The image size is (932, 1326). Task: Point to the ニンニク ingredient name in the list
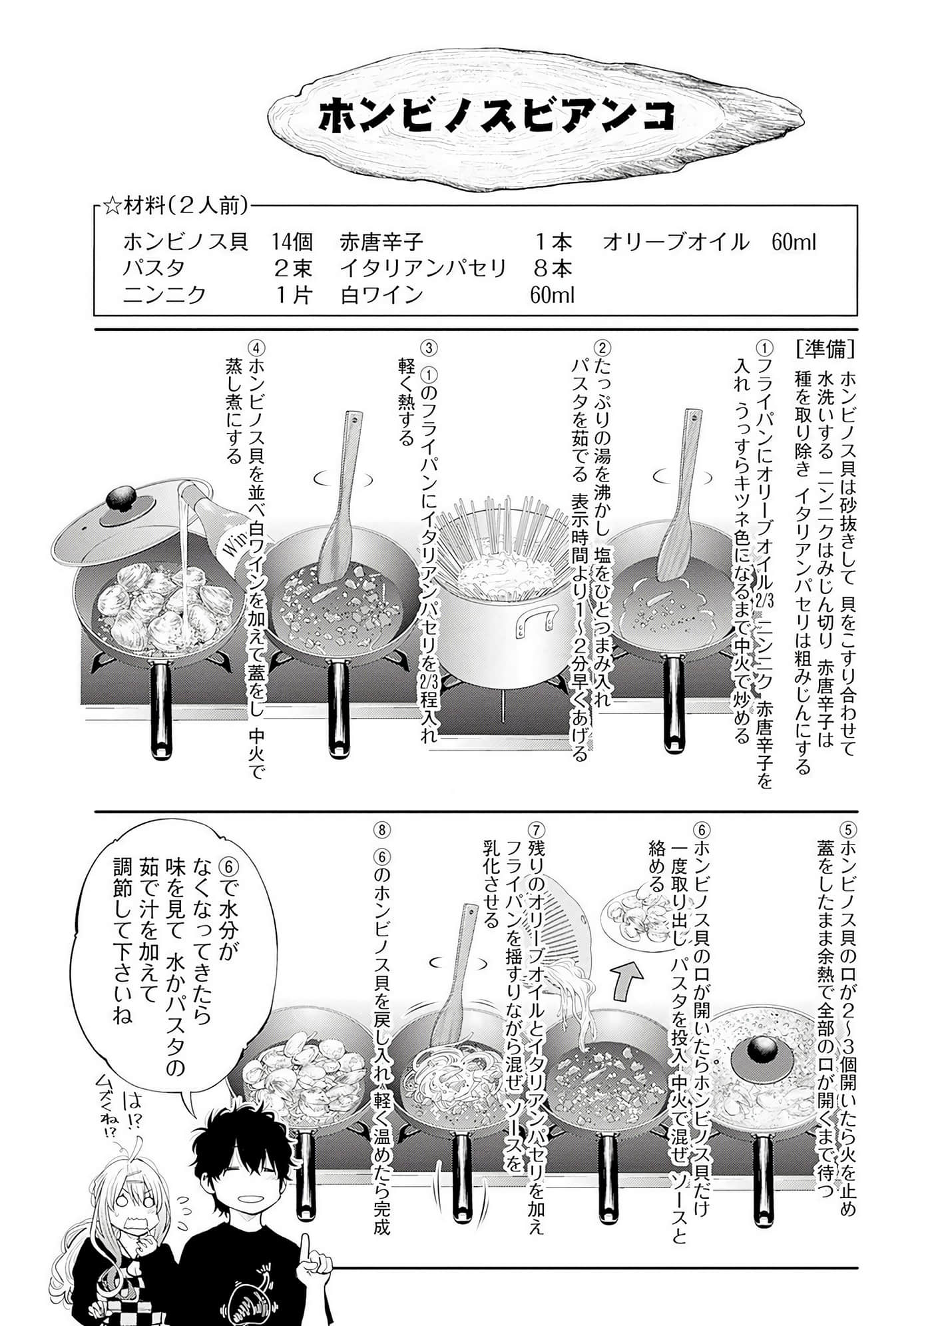pos(164,294)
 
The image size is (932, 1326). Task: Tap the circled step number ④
pos(256,349)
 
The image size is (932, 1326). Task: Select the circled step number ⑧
pos(382,830)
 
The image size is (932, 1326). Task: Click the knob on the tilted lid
pos(122,499)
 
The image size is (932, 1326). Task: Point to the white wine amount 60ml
pos(553,294)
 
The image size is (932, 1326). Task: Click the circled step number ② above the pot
pos(602,349)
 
